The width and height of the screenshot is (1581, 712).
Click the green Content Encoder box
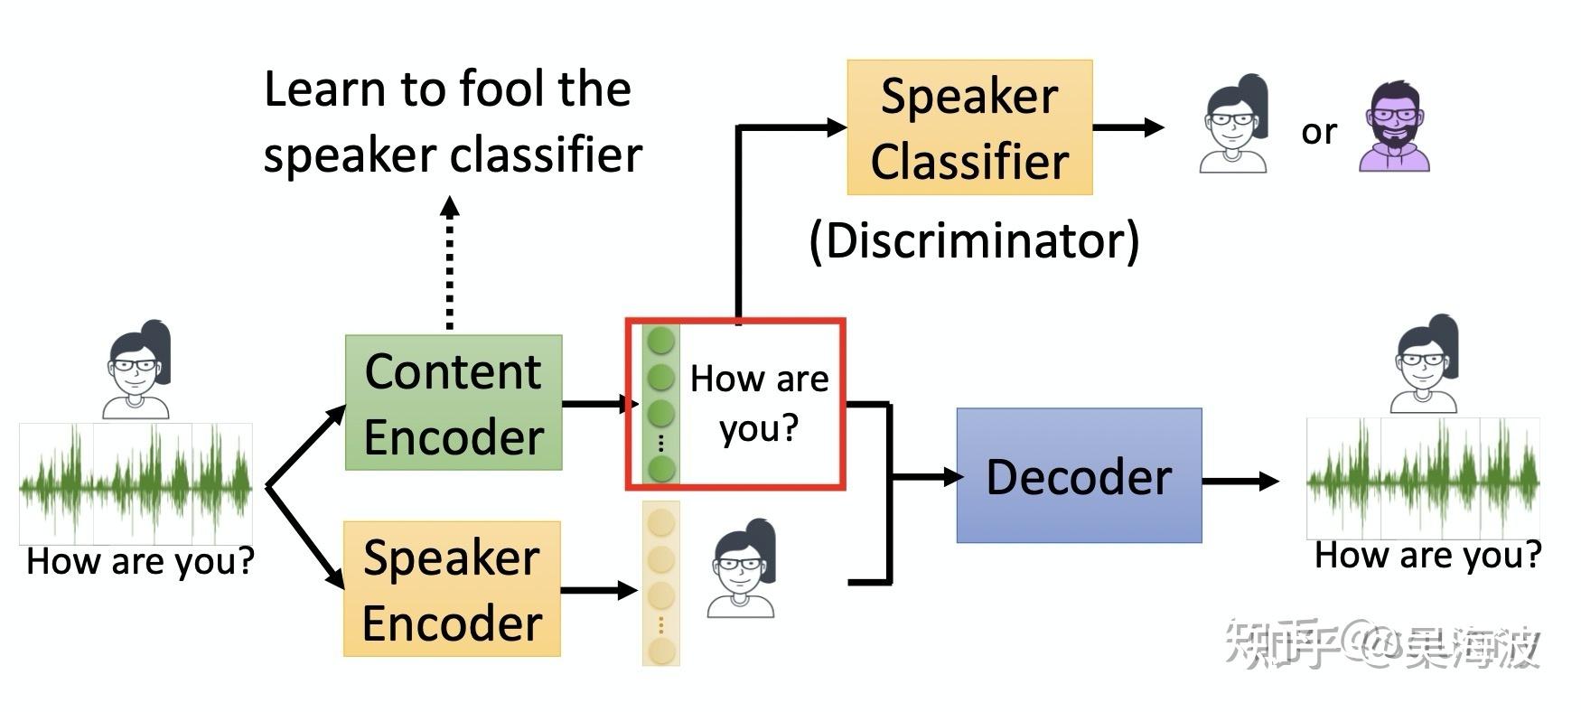click(x=454, y=403)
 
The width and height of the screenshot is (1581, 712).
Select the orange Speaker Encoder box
click(x=452, y=588)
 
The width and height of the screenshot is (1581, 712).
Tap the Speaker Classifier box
click(x=969, y=127)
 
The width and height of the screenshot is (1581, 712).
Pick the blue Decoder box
click(x=1079, y=475)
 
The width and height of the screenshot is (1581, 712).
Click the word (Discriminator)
click(x=974, y=241)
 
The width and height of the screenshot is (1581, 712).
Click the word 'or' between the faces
click(x=1318, y=132)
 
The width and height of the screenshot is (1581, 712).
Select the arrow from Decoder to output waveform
click(x=1240, y=481)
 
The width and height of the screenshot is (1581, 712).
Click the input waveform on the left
click(x=136, y=483)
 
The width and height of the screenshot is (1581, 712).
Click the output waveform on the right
click(x=1423, y=478)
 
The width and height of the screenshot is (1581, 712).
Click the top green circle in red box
click(x=661, y=341)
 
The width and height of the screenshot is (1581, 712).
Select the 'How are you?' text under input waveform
click(x=140, y=561)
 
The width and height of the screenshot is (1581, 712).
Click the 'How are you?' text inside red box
click(x=759, y=403)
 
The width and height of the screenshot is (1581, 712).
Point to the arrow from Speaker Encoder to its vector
click(x=600, y=591)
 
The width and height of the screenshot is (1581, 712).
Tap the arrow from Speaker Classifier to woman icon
click(x=1128, y=127)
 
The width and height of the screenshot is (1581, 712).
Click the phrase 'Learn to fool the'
click(x=447, y=89)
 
